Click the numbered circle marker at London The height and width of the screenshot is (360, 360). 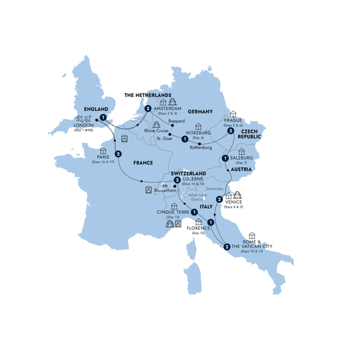pyautogui.click(x=103, y=118)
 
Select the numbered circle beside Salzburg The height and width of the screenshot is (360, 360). pyautogui.click(x=224, y=158)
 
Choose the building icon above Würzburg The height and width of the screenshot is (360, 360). pyautogui.click(x=198, y=126)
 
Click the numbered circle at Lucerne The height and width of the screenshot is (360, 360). pyautogui.click(x=177, y=179)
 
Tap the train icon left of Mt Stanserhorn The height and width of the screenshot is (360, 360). pyautogui.click(x=148, y=190)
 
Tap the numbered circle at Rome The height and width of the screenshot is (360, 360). pyautogui.click(x=226, y=246)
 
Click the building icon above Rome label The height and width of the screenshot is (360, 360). pyautogui.click(x=251, y=235)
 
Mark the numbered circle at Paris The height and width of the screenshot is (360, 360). pyautogui.click(x=118, y=154)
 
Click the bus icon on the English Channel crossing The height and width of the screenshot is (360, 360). pyautogui.click(x=124, y=139)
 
